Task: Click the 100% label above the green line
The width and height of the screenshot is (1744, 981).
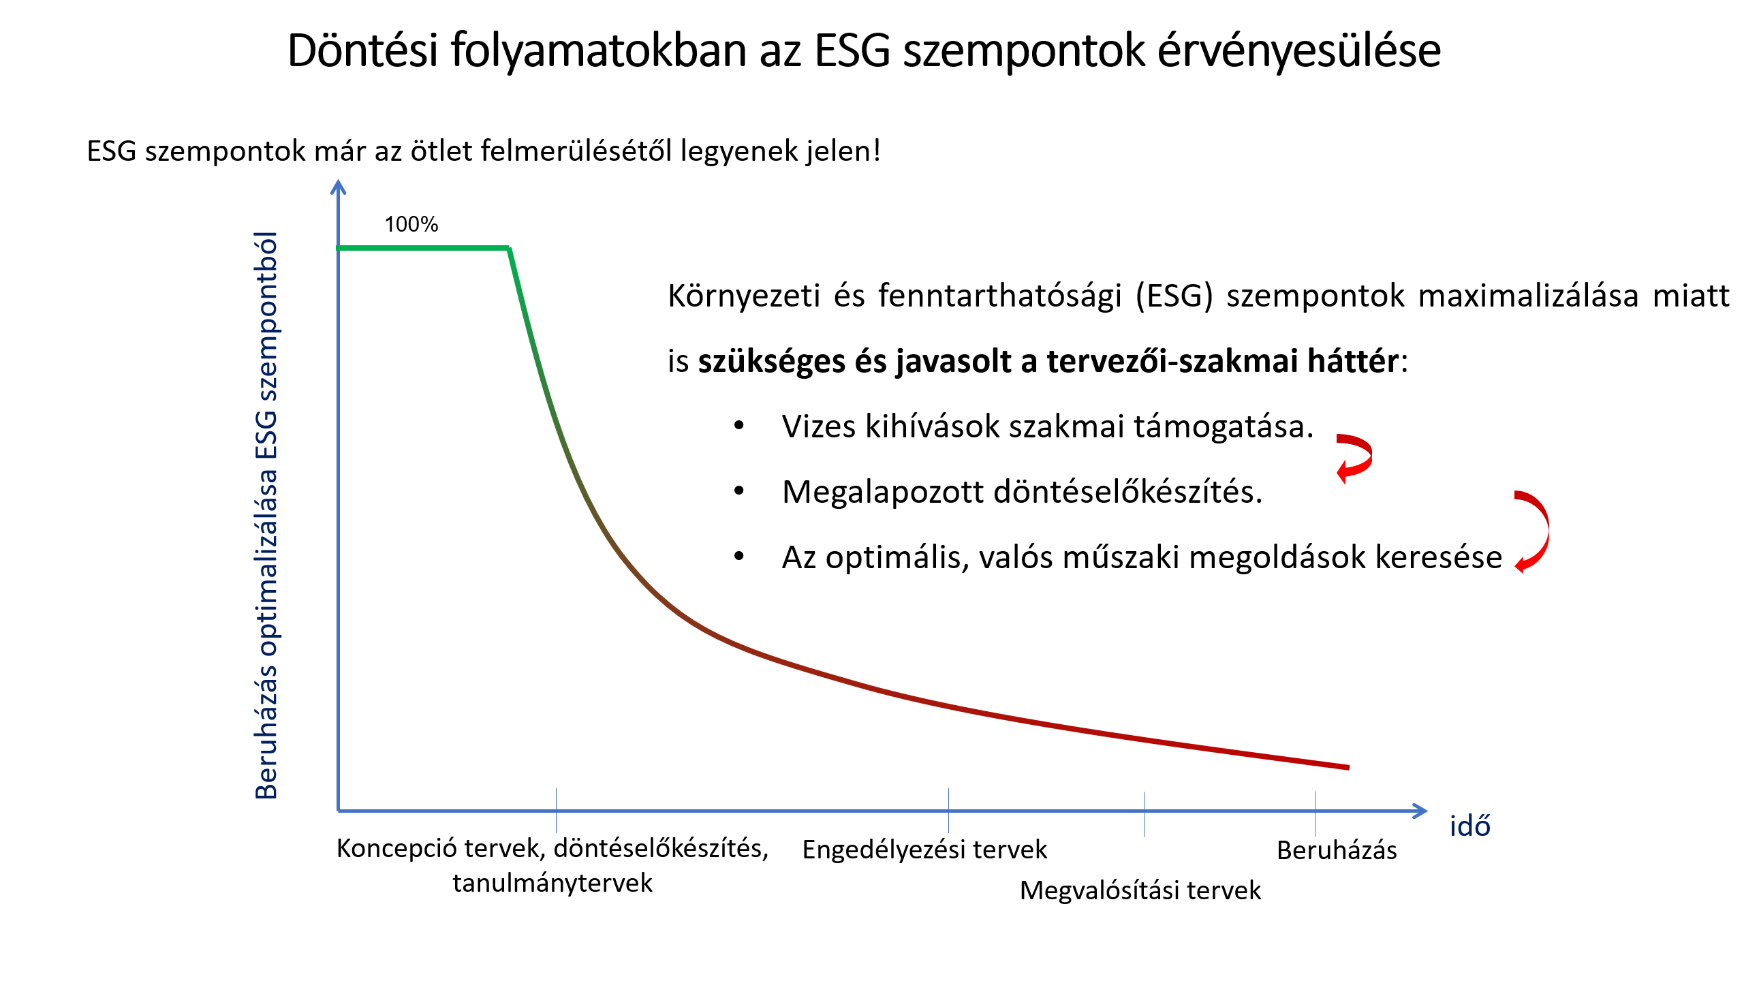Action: point(411,224)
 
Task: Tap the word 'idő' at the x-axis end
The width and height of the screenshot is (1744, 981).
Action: point(1469,826)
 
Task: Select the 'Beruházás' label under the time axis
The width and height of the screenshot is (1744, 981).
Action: point(1336,850)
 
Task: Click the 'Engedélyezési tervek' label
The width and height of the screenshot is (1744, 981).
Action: point(924,850)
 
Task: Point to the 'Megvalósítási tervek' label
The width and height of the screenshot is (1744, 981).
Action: point(1140,890)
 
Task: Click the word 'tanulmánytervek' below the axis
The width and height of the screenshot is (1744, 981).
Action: point(552,883)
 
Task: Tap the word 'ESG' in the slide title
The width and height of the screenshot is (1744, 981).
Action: point(852,50)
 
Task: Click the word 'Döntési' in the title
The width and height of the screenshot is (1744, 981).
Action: point(362,50)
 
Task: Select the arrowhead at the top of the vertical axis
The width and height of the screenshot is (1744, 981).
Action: point(338,186)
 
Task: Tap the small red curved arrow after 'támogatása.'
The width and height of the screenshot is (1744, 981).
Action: point(1354,458)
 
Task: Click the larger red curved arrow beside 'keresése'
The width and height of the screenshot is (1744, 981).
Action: point(1533,531)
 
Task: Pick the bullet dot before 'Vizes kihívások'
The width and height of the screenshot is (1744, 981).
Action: point(739,426)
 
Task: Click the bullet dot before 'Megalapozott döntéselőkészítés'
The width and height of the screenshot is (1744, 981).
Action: point(739,491)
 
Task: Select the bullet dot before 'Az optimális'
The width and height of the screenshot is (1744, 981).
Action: point(739,557)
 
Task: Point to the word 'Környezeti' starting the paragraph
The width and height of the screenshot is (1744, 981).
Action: point(743,296)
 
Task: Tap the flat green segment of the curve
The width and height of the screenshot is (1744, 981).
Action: point(422,248)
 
